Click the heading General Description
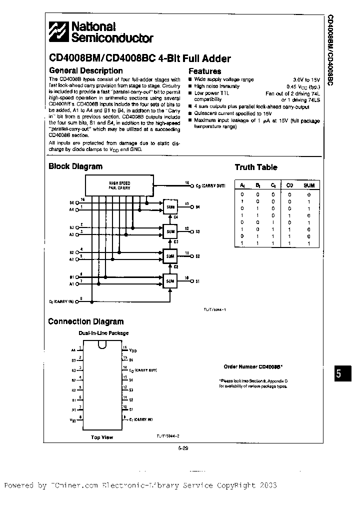point(85,71)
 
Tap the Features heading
point(204,71)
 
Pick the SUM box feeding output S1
point(170,281)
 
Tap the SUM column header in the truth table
point(308,185)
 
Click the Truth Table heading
point(255,167)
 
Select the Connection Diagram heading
point(85,321)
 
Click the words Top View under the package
point(101,437)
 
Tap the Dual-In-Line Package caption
point(103,333)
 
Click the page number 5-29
point(182,448)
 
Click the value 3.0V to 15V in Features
point(306,79)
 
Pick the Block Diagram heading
point(75,166)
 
